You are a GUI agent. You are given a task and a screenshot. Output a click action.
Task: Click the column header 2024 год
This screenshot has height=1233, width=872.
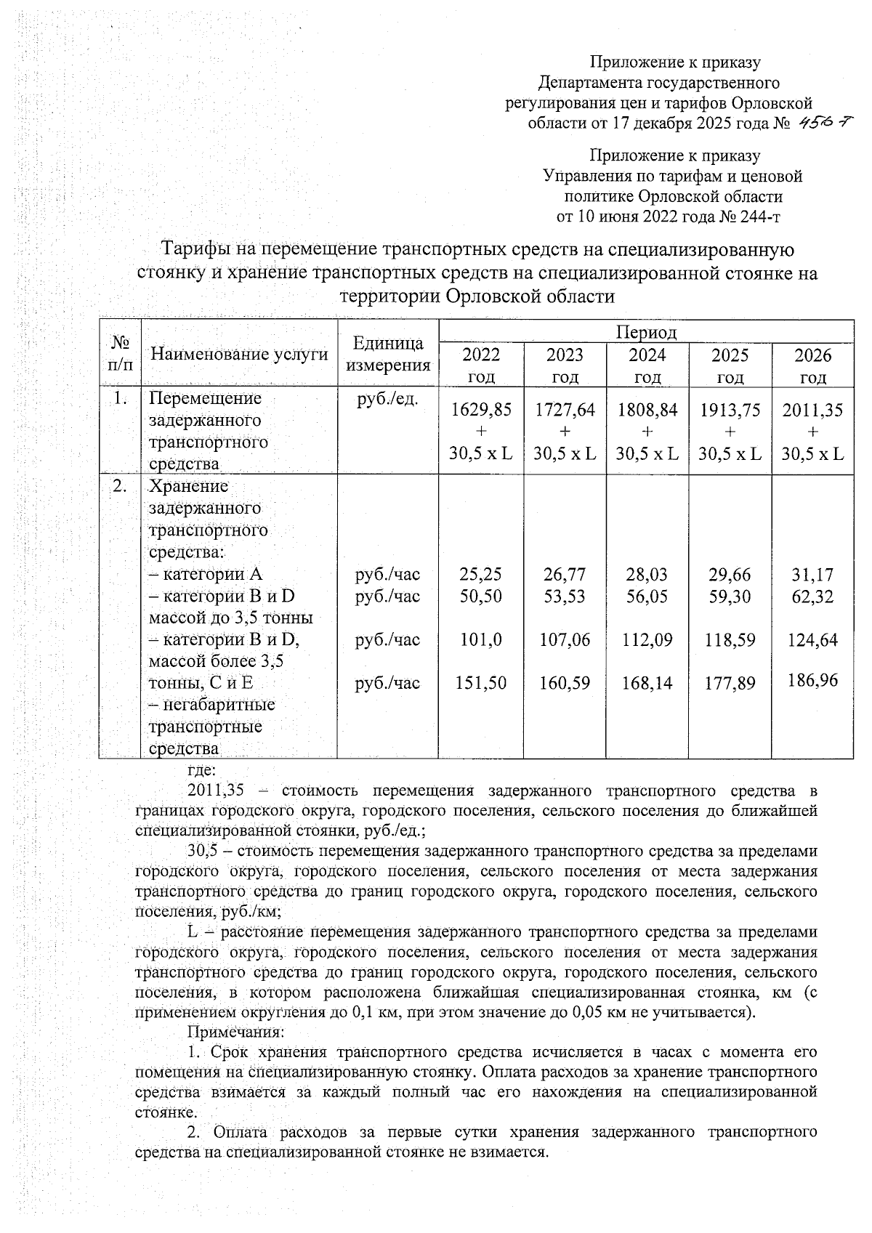tap(647, 365)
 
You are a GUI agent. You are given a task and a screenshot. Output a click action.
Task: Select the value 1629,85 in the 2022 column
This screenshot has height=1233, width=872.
tap(481, 411)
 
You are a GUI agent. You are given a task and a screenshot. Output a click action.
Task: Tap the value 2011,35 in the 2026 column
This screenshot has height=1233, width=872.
tap(812, 411)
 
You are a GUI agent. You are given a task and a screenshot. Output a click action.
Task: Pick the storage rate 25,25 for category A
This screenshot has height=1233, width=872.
tap(481, 575)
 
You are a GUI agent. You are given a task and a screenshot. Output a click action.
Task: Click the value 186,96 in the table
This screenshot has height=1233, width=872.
tap(812, 680)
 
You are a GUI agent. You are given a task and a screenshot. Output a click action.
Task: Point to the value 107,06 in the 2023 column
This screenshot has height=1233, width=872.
tap(565, 640)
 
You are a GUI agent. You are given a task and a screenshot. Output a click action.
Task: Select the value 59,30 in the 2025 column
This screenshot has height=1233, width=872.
tap(730, 597)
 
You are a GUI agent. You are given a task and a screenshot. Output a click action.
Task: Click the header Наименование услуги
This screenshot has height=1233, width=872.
tap(239, 355)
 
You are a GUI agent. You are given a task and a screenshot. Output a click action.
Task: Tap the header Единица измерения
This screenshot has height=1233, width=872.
tap(388, 355)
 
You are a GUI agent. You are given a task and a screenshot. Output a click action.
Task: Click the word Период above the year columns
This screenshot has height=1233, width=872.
tap(646, 333)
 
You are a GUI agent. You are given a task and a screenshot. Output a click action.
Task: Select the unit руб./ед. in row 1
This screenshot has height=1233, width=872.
tap(388, 399)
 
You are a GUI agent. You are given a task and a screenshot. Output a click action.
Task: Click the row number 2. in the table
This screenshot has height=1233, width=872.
tap(120, 486)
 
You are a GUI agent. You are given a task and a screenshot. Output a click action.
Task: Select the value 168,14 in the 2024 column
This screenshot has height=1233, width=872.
tap(647, 683)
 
